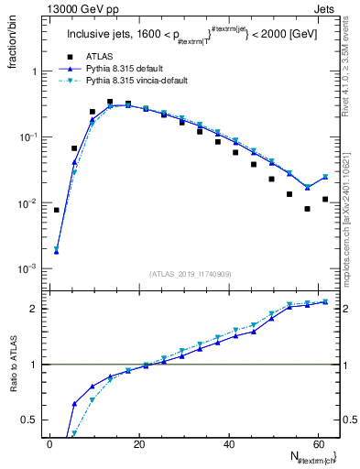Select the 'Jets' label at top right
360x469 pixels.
point(326,8)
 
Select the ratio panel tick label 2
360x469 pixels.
point(35,309)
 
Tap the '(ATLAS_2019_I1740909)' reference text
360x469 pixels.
point(189,273)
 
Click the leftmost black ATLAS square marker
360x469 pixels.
point(56,210)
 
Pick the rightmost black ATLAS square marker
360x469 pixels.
point(325,199)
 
